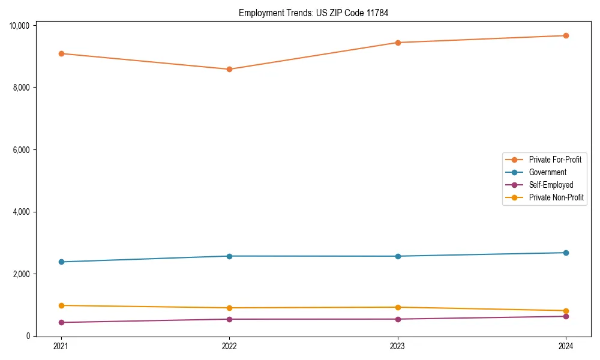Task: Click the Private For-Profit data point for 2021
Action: [61, 53]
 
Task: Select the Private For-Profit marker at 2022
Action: [229, 69]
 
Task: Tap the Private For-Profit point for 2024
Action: [566, 35]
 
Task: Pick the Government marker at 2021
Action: [61, 262]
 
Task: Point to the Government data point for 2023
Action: [398, 256]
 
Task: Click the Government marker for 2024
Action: [566, 253]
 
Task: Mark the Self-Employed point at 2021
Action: [61, 322]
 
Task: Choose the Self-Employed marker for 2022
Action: [229, 319]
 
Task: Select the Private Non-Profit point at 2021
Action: [61, 305]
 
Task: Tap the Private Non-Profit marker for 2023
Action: [398, 307]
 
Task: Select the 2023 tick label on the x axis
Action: [398, 346]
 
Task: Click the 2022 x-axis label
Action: [229, 346]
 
